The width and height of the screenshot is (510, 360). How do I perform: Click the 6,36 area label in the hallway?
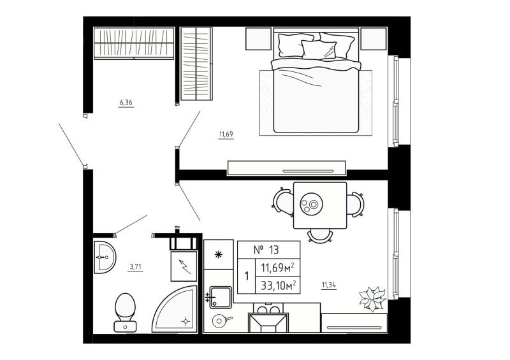126,102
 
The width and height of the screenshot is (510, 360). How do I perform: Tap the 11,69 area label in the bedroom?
226,134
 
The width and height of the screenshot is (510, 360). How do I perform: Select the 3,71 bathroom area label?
135,268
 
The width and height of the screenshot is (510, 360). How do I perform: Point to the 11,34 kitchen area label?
329,285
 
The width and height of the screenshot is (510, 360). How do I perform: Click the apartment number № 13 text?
266,250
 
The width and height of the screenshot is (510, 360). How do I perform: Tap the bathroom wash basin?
104,258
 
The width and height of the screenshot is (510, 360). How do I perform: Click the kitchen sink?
221,297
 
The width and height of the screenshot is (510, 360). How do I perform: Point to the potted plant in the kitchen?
372,298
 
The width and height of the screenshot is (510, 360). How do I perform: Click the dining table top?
319,205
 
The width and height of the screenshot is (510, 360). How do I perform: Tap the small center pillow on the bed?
318,49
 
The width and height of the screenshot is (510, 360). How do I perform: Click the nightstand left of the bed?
259,40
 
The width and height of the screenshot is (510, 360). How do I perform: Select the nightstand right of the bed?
374,40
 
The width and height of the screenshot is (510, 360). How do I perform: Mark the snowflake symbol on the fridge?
219,255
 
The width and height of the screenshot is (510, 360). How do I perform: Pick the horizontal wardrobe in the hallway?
134,43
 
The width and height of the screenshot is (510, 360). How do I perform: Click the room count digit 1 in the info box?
247,277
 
